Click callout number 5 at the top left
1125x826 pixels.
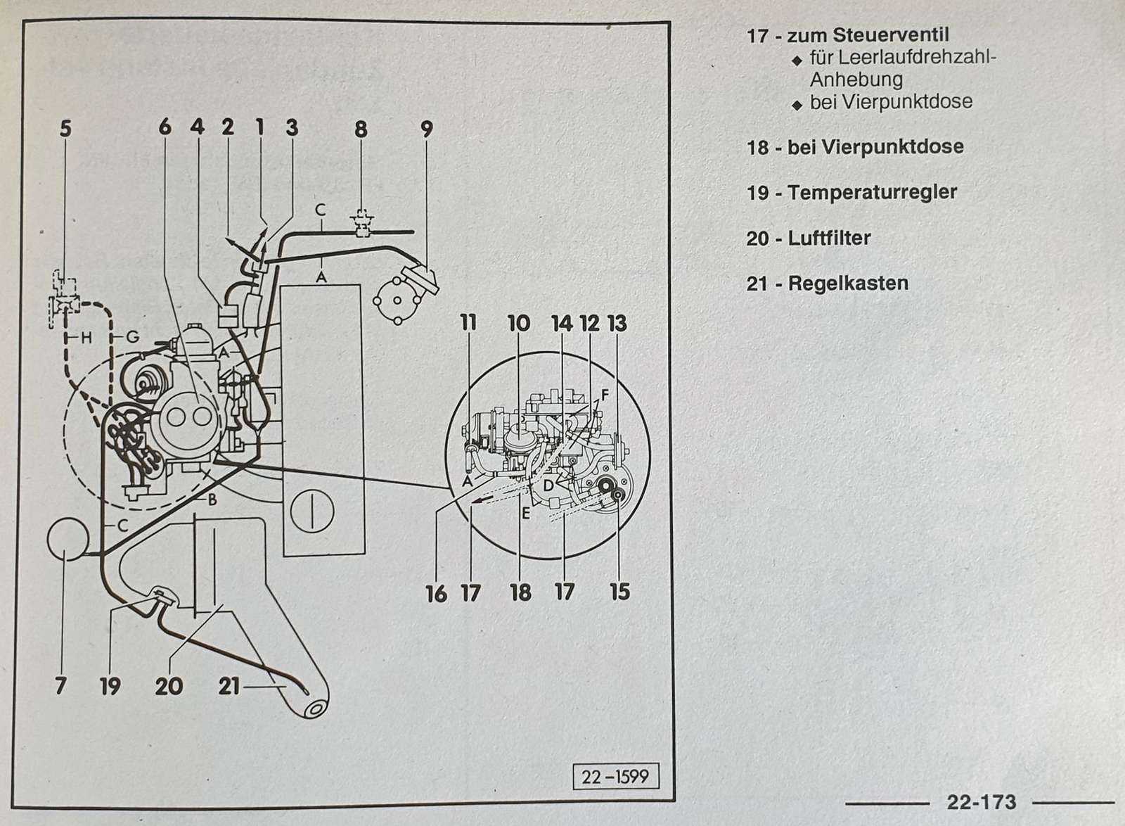[x=65, y=129]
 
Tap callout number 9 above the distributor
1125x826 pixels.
[x=427, y=129]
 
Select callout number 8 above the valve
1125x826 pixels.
[x=361, y=129]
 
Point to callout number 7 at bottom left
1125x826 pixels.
[x=61, y=685]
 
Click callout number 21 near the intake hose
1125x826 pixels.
[x=229, y=685]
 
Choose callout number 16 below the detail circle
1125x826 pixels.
[x=436, y=594]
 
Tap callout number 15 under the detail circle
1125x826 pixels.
[x=619, y=592]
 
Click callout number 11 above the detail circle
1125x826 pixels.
[x=468, y=323]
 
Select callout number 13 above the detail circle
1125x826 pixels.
[x=617, y=324]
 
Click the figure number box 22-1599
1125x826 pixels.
[x=615, y=776]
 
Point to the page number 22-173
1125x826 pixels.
[x=981, y=802]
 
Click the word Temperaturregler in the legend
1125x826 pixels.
[x=872, y=192]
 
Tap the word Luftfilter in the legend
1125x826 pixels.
[x=829, y=238]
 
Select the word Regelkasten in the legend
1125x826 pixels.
[x=848, y=284]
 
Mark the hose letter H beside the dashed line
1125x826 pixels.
[x=86, y=338]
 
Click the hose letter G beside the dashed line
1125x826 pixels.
[x=132, y=338]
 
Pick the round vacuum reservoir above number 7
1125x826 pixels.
[x=67, y=539]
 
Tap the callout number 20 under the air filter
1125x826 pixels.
[x=169, y=685]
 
